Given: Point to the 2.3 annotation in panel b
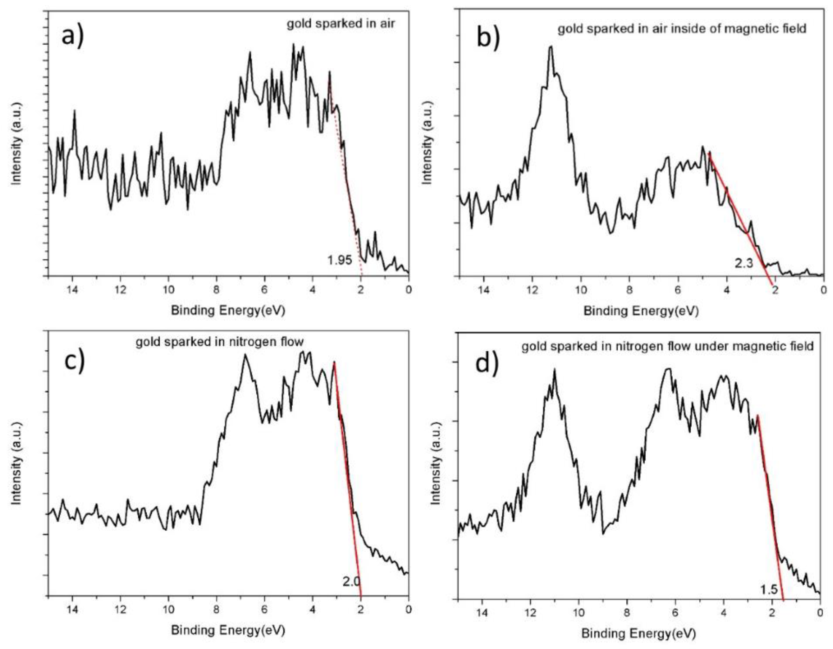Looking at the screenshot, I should tap(744, 263).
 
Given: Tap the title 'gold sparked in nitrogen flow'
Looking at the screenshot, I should tap(219, 342).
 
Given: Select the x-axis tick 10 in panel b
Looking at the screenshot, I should tap(581, 290).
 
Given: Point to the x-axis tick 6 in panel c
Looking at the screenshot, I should tap(264, 609).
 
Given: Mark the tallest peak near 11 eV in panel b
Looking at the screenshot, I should tap(550, 48).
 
